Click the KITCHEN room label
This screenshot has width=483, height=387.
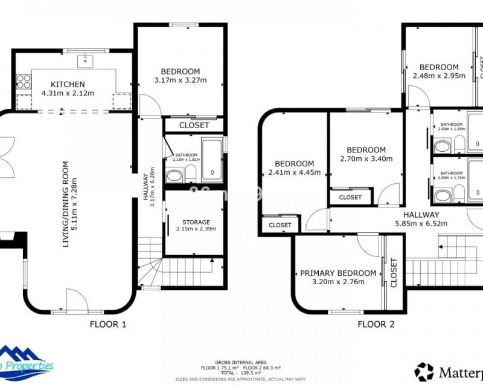click(67, 84)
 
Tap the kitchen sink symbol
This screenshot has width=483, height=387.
click(85, 60)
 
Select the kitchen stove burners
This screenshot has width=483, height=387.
click(24, 81)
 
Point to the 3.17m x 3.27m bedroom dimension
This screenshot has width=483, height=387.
click(180, 80)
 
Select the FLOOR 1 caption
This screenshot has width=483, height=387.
click(108, 324)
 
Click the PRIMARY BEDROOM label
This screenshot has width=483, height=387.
click(338, 273)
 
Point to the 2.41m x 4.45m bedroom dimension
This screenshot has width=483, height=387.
click(294, 172)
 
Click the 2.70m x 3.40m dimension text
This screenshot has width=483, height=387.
click(366, 159)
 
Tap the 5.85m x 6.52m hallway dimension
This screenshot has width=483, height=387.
click(421, 223)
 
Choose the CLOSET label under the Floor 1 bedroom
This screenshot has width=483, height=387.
click(194, 125)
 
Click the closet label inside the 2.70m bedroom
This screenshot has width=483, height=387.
click(350, 197)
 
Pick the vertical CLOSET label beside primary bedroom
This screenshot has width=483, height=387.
click(394, 273)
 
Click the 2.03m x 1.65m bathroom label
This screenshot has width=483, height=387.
click(452, 128)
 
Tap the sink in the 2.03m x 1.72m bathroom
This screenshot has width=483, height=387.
click(443, 195)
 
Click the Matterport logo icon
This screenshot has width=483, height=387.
click(424, 371)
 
